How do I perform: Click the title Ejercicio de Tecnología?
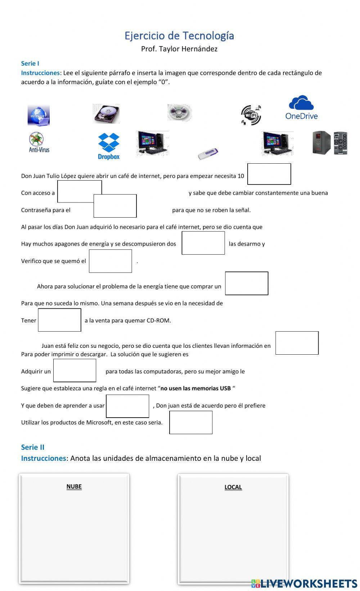(179, 36)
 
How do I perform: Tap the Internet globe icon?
(39, 115)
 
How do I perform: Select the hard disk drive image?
(106, 114)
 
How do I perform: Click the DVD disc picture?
(179, 112)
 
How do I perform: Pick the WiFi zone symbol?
(251, 115)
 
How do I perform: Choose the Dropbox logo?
(109, 146)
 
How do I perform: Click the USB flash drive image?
(208, 154)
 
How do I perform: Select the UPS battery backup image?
(329, 143)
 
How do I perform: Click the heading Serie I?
(30, 63)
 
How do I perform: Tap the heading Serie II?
(32, 447)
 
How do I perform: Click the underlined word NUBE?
(74, 486)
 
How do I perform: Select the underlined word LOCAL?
(233, 487)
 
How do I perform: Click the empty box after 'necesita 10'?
(269, 174)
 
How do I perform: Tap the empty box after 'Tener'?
(59, 320)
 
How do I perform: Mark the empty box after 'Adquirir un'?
(75, 370)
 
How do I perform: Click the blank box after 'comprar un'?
(247, 283)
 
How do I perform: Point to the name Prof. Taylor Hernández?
(179, 49)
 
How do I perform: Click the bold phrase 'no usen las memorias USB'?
(195, 388)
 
